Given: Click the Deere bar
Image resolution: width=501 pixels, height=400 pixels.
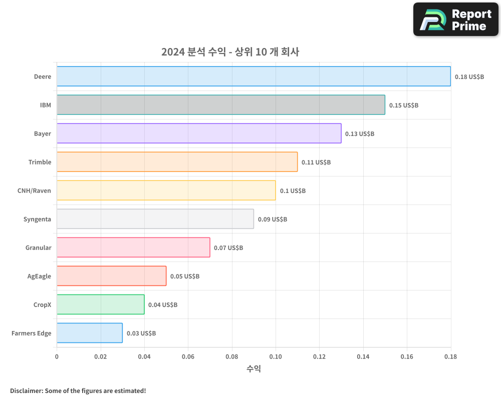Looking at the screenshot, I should coord(254,76).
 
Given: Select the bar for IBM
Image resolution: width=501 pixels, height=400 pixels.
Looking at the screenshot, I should coord(220,105).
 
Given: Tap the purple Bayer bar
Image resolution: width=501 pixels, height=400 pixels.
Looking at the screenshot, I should coord(199,133).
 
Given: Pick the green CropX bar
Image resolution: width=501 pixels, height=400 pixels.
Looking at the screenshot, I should coord(100,304).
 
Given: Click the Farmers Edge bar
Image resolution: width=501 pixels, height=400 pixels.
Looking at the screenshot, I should coord(89,333).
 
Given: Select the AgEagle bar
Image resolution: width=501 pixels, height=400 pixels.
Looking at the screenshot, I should coord(111,276).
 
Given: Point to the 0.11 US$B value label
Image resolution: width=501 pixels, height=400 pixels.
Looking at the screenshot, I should coord(316,162).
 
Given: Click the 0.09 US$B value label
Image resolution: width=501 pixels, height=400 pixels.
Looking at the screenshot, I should coord(273,219).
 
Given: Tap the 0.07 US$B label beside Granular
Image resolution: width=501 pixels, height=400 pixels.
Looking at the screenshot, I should coord(228,248).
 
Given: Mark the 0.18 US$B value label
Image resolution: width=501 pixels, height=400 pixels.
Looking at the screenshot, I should coord(469,77).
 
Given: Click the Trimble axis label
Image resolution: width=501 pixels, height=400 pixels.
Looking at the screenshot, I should coord(40,162).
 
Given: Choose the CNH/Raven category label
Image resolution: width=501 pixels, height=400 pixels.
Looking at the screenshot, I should coord(34,191).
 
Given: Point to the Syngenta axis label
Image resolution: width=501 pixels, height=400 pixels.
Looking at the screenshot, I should coord(37,219).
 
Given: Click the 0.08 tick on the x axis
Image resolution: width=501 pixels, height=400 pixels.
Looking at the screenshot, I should coord(231,357).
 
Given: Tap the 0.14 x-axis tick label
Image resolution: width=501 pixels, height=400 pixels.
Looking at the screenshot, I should coord(363,357).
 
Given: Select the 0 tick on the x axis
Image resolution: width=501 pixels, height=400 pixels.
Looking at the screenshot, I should coord(57,357).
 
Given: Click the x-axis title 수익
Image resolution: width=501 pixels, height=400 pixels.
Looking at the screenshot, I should coord(254,369).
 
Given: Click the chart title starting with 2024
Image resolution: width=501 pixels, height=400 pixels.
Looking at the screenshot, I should coord(230,52).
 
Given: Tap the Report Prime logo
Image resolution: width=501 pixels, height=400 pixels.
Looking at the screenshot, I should coord(455,19).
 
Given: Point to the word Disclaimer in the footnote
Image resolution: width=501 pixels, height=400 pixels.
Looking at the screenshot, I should coord(26,390).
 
